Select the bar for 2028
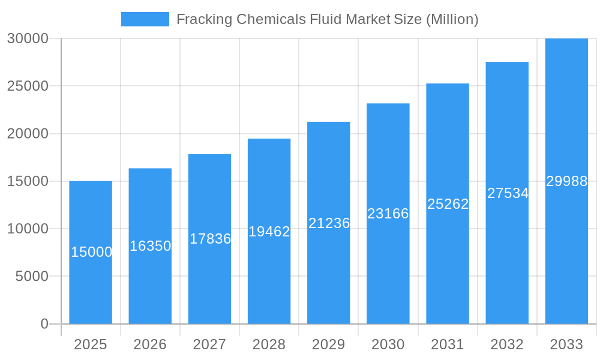(x=269, y=276)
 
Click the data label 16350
(x=151, y=246)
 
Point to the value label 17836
(x=210, y=239)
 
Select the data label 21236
(x=329, y=223)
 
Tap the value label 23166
(x=388, y=214)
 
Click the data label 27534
(x=508, y=193)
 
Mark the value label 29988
(x=566, y=181)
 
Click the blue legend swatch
(x=145, y=19)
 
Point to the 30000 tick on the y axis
(x=28, y=38)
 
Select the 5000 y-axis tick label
(x=31, y=277)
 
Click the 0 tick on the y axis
(x=44, y=324)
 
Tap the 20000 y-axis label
(x=28, y=134)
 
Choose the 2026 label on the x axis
(x=150, y=344)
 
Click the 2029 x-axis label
(x=329, y=344)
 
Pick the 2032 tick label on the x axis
(x=507, y=344)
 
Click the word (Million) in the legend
(x=452, y=19)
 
